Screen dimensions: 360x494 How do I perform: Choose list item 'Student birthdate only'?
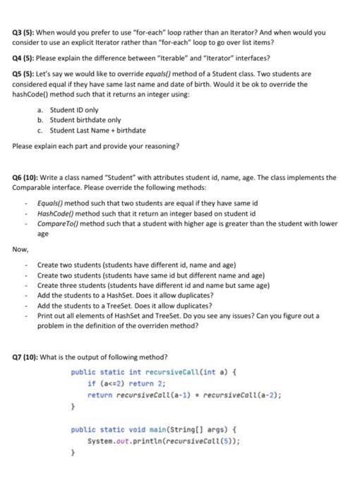[85, 121]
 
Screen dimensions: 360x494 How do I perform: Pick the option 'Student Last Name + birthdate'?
[97, 131]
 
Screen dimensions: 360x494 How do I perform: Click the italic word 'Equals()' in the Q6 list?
[52, 202]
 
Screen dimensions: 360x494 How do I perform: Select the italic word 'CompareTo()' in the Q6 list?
[59, 223]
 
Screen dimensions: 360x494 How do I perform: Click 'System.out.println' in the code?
[118, 441]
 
